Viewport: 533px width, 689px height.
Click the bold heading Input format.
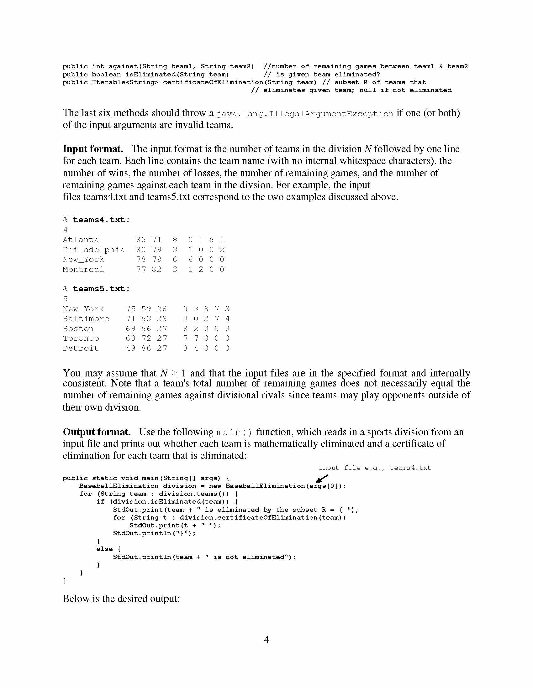[x=93, y=149]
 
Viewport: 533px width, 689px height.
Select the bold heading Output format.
[x=97, y=432]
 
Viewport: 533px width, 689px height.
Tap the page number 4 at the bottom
[x=266, y=640]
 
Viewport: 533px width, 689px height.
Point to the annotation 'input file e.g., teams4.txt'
[x=374, y=468]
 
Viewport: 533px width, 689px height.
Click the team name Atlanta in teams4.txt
[x=81, y=240]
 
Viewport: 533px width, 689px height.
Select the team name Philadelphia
[x=94, y=250]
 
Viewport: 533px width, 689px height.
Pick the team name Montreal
[x=83, y=269]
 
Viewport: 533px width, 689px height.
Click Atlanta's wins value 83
[x=141, y=240]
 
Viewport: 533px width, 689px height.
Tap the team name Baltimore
[x=86, y=319]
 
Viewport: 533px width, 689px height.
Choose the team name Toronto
[x=81, y=339]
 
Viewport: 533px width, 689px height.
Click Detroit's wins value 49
[x=131, y=348]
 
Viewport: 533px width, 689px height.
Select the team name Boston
[x=78, y=329]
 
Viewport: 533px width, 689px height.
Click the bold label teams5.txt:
[x=101, y=289]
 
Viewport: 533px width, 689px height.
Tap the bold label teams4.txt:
[x=101, y=220]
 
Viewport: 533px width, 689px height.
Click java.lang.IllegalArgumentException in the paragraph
[x=305, y=114]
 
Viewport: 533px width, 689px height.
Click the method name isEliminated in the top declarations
[x=150, y=75]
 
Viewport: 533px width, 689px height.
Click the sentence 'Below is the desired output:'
[x=121, y=598]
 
